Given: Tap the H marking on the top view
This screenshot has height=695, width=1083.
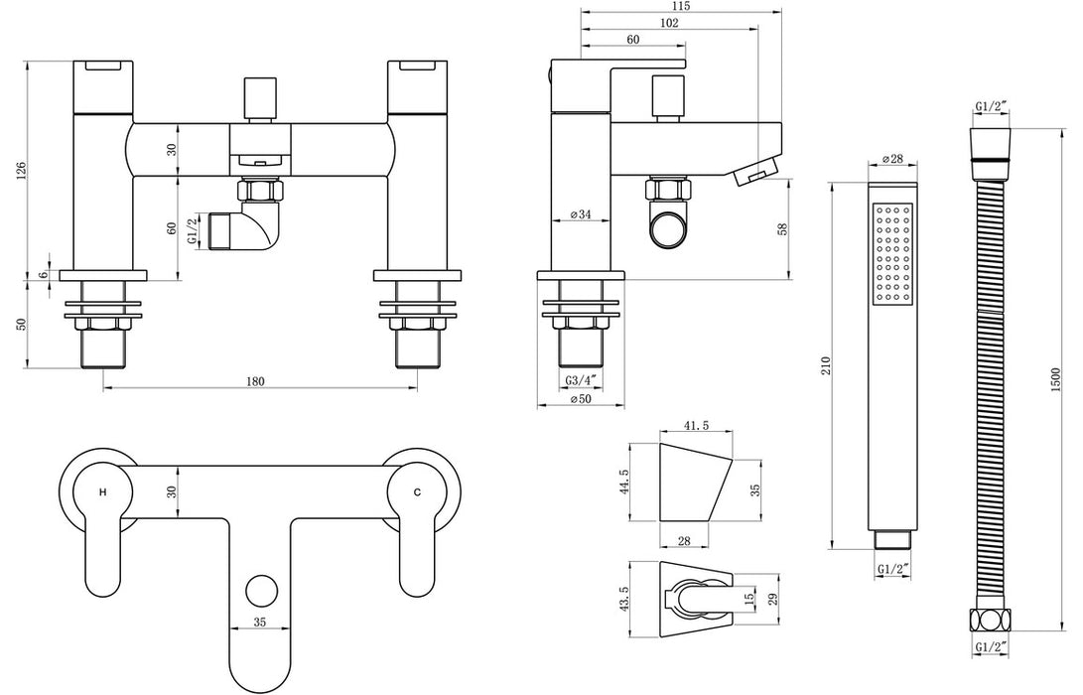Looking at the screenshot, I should coord(102,492).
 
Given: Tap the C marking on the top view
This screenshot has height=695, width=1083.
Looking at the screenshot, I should coord(417,492).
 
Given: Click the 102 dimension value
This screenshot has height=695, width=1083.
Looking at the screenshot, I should coord(669,24).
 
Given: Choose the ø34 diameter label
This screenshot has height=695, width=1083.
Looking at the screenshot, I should coord(582,215).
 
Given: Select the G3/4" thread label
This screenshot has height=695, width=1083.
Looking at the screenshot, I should coord(581,381).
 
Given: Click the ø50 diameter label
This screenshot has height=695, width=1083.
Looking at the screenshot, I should coord(581,399).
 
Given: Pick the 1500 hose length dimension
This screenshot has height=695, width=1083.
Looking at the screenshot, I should coord(1056,376).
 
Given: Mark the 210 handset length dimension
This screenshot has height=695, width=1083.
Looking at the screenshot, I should coord(827,365).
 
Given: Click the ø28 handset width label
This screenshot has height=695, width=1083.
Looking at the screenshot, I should coord(890,160).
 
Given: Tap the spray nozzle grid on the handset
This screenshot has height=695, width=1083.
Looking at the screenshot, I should coord(892,253).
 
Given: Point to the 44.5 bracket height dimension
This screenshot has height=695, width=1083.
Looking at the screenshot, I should coord(623,482).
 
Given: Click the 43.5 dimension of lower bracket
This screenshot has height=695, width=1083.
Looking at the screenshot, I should coord(623,602).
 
